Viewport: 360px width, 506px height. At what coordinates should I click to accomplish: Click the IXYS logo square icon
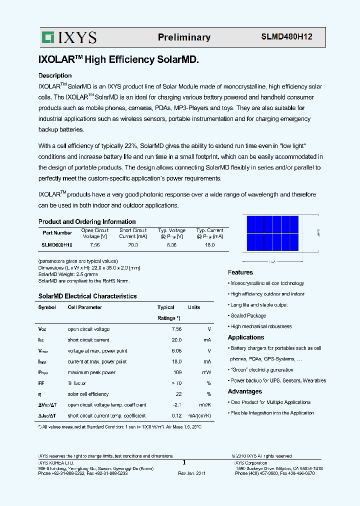[47, 37]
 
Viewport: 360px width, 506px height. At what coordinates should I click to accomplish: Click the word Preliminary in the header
[184, 37]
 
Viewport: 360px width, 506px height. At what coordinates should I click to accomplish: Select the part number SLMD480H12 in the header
[287, 37]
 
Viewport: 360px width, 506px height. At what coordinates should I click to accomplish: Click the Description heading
[55, 75]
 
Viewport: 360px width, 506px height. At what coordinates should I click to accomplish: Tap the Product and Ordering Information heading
[87, 221]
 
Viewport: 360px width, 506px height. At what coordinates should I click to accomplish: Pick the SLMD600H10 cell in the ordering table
[57, 245]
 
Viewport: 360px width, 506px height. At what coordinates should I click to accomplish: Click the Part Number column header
[57, 232]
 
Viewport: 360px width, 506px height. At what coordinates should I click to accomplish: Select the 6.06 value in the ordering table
[171, 245]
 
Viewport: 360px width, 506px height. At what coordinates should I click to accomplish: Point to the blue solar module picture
[272, 233]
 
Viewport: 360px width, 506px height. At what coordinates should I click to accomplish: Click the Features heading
[240, 272]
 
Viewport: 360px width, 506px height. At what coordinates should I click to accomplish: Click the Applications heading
[246, 337]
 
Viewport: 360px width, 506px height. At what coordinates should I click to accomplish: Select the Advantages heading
[245, 391]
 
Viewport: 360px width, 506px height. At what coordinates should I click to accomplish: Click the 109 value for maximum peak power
[177, 372]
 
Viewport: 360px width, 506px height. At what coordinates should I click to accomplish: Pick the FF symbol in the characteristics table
[41, 383]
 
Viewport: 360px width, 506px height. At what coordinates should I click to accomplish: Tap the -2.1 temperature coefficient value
[176, 405]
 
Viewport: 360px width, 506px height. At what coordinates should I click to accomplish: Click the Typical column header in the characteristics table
[166, 307]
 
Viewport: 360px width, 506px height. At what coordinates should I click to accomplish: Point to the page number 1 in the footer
[184, 462]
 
